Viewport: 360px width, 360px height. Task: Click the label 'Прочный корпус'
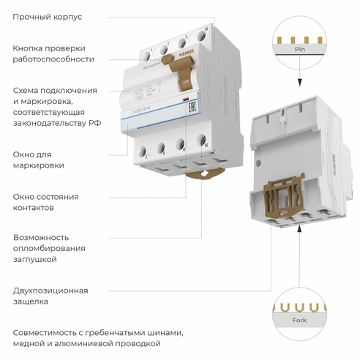[48, 16]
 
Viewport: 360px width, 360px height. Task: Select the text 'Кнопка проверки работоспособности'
[53, 53]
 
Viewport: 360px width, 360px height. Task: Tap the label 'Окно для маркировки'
[38, 160]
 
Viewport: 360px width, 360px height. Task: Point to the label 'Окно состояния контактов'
[45, 202]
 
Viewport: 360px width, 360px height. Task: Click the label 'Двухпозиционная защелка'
[50, 295]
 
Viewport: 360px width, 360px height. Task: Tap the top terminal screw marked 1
[151, 52]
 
